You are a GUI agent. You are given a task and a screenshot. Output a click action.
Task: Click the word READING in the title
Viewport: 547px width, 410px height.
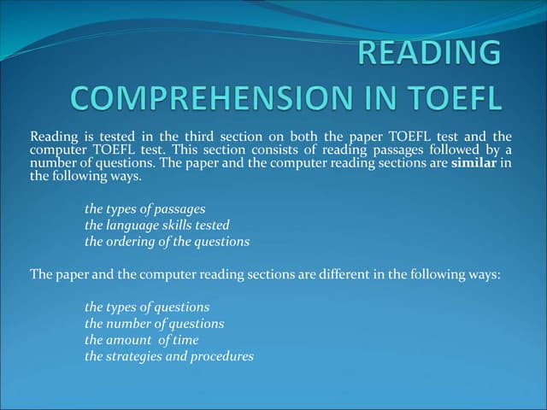(429, 53)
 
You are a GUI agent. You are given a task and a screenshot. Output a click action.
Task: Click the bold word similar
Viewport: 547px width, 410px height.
(473, 163)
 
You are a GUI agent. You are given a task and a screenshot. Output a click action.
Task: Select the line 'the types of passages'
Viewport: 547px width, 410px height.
(144, 209)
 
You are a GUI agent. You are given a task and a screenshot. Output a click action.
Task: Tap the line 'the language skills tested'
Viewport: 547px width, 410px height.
(156, 225)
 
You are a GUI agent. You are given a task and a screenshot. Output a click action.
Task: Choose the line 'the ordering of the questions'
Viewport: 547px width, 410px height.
(167, 242)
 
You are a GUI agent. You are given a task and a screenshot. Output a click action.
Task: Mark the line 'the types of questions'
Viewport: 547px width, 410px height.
(146, 307)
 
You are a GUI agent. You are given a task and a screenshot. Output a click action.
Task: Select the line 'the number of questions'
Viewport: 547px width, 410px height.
(154, 324)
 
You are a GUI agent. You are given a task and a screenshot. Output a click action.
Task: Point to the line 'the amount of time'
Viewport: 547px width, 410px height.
(141, 340)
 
